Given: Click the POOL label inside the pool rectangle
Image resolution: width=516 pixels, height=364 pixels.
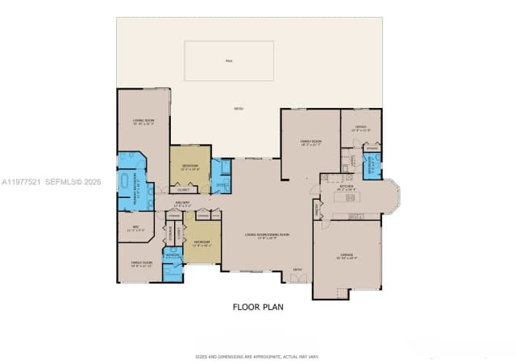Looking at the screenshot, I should pyautogui.click(x=228, y=60).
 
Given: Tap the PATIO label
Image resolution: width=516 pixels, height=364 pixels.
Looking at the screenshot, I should pyautogui.click(x=239, y=109).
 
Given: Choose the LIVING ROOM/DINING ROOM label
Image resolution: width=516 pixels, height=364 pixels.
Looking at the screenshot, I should pyautogui.click(x=267, y=236).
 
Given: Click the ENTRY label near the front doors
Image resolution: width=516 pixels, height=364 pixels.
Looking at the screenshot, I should pyautogui.click(x=298, y=269).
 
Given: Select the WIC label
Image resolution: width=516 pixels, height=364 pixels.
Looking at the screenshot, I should pyautogui.click(x=136, y=228).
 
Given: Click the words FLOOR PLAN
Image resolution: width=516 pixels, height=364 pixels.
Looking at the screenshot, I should pyautogui.click(x=258, y=307).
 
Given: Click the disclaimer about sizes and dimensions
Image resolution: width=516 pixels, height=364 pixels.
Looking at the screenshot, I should pyautogui.click(x=258, y=356).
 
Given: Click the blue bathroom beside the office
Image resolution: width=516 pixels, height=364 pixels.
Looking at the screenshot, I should pyautogui.click(x=372, y=167).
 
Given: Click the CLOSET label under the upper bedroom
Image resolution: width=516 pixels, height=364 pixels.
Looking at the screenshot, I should pyautogui.click(x=183, y=190).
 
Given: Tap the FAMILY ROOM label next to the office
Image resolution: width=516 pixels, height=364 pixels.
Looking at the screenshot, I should pyautogui.click(x=310, y=143).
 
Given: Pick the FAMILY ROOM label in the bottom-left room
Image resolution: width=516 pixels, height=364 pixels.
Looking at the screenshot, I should pyautogui.click(x=141, y=264).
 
